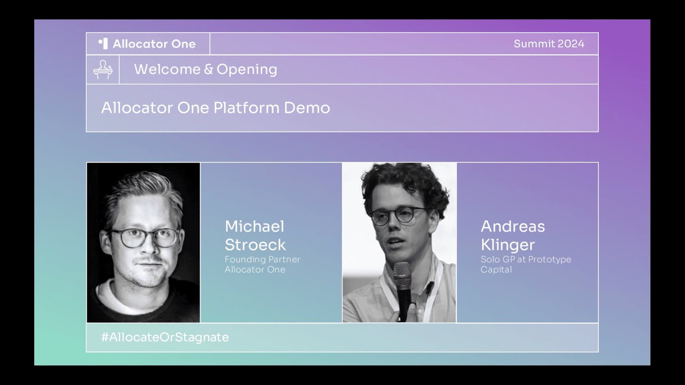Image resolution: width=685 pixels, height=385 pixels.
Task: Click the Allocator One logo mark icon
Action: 103,44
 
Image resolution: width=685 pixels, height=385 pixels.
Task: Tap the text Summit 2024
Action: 549,44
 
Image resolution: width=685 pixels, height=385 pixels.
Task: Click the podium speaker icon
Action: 103,70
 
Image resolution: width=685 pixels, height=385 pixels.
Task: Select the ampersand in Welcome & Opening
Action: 208,70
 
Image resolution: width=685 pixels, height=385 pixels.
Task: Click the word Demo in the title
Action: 307,108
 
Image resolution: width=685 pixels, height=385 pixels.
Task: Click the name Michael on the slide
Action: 254,226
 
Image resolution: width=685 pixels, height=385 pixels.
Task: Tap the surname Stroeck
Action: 255,244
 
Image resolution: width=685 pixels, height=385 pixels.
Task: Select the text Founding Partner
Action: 262,259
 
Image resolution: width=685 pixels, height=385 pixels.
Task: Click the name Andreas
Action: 513,226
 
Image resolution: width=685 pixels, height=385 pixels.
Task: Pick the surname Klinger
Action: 508,245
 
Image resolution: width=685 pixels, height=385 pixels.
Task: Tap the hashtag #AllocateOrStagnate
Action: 165,337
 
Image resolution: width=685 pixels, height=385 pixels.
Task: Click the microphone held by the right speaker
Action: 404,290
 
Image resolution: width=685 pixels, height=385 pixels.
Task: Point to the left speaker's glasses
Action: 144,238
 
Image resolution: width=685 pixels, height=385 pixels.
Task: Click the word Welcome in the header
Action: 168,70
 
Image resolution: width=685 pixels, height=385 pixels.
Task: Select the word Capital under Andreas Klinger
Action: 496,270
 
